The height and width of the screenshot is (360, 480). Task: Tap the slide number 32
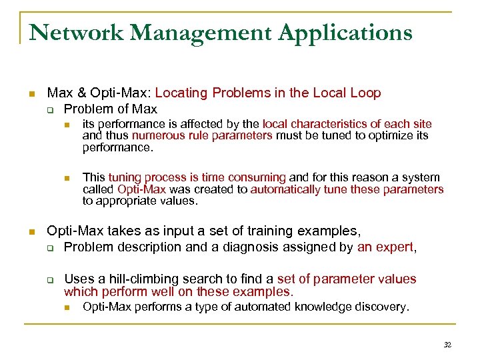point(447,345)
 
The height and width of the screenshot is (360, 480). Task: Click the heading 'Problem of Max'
point(110,109)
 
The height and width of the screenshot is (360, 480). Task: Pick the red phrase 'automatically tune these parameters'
point(347,189)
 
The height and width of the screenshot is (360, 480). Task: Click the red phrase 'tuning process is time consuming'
point(197,177)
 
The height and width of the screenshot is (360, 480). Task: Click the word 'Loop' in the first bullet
point(366,93)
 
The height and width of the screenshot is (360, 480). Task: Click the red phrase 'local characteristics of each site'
point(347,124)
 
